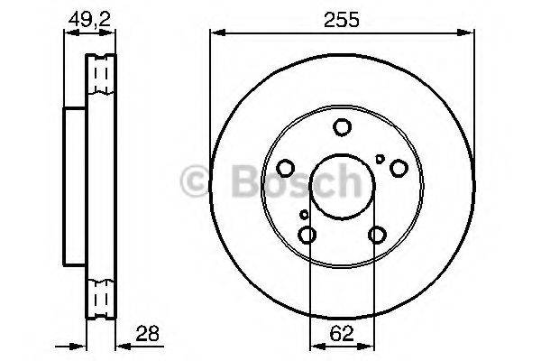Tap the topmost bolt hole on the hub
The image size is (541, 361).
(343, 127)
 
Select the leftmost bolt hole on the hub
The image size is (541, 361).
(285, 167)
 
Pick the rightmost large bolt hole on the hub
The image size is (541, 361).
(399, 167)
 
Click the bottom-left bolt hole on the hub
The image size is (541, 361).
(307, 235)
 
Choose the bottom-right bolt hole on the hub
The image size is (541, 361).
(377, 235)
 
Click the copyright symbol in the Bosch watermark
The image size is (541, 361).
(196, 180)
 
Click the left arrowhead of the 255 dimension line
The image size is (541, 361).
(215, 33)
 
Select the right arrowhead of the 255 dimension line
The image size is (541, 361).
(471, 33)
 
